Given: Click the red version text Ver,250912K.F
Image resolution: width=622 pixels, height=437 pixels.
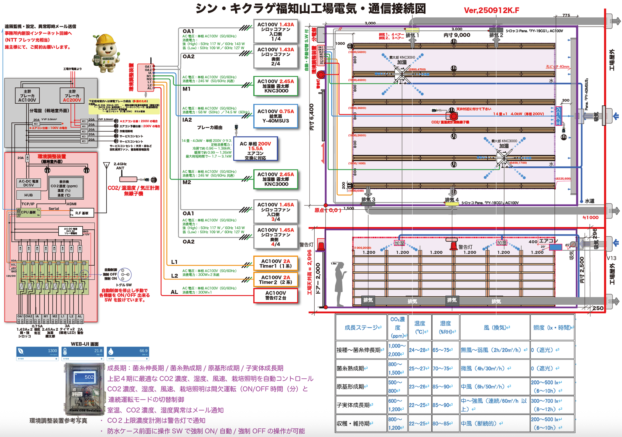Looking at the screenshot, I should pyautogui.click(x=491, y=10).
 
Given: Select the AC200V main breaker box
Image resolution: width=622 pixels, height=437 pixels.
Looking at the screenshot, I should pyautogui.click(x=72, y=96).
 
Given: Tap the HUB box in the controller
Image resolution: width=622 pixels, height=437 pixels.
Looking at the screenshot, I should pyautogui.click(x=29, y=195).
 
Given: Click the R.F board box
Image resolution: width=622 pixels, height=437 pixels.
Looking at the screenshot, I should pyautogui.click(x=82, y=213).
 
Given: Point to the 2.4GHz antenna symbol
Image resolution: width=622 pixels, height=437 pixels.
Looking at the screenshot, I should pyautogui.click(x=106, y=166).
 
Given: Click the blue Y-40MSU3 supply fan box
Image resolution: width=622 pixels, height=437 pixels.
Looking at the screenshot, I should pyautogui.click(x=275, y=116).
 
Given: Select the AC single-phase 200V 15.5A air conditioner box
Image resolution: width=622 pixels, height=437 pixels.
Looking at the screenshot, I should pyautogui.click(x=255, y=149).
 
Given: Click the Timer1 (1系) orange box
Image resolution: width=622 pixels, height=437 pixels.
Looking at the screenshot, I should pyautogui.click(x=275, y=263).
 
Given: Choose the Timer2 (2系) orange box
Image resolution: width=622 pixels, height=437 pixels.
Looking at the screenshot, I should pyautogui.click(x=275, y=280).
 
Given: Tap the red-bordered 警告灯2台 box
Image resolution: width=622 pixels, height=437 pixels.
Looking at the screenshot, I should pyautogui.click(x=275, y=295).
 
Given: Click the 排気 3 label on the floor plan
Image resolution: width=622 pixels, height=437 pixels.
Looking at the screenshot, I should pyautogui.click(x=368, y=200).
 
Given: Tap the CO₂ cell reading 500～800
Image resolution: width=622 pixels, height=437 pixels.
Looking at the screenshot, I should pyautogui.click(x=397, y=387).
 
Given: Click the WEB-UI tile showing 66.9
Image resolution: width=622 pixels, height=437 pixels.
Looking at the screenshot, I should pyautogui.click(x=128, y=353).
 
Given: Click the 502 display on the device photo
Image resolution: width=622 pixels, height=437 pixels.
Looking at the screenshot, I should pyautogui.click(x=85, y=377).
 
